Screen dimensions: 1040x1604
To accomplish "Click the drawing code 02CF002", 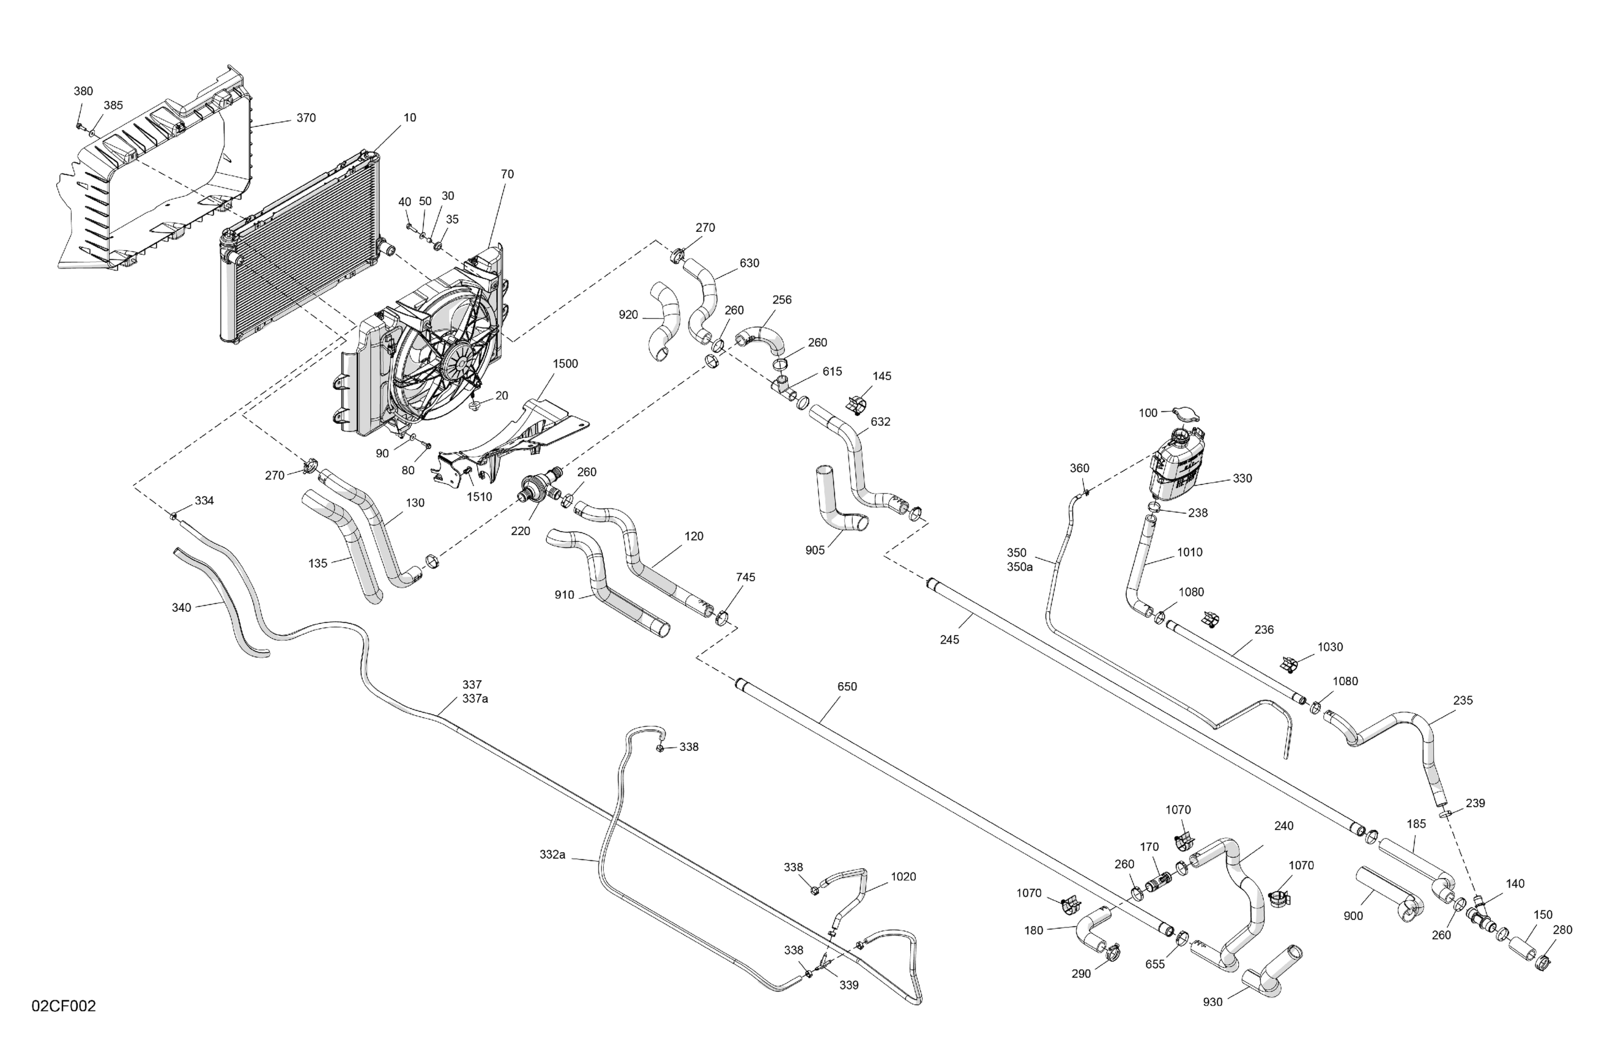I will (64, 1006).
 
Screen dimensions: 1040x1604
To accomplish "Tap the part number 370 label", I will (306, 118).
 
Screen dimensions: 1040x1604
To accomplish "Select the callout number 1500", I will (565, 364).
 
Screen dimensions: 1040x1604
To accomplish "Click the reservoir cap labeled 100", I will (1186, 414).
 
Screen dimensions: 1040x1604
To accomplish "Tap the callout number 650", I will (847, 687).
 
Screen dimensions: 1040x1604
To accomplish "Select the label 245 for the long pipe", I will (949, 640).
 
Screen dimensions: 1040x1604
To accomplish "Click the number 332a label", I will (552, 855).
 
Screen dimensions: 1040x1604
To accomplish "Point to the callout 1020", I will (903, 877).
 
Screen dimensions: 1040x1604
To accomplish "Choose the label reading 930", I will (1212, 1002).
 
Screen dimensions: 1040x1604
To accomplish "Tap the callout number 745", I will (745, 578).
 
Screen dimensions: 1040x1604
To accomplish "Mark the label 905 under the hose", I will (815, 551).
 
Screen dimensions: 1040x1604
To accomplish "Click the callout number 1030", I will (1330, 647).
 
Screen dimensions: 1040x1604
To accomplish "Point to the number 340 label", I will (181, 608).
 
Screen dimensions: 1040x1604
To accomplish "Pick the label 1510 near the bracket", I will (479, 497).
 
